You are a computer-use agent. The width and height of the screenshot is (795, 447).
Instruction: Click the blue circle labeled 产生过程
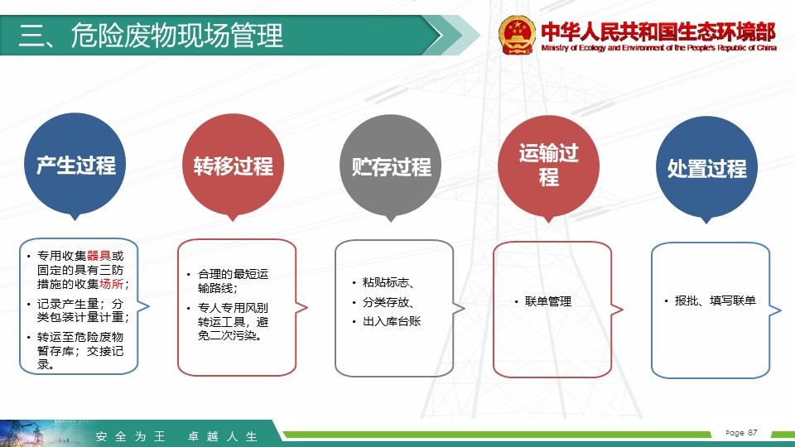point(75,164)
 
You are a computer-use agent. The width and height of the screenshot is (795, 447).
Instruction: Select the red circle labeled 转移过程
point(234,166)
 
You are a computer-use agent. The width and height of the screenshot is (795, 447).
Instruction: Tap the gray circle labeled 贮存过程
point(391,166)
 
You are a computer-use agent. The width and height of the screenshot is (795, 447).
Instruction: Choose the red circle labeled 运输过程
point(548,167)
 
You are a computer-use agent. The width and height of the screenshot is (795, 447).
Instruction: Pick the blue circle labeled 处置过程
point(706,168)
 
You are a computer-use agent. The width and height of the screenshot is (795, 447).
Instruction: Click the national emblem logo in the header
point(517,35)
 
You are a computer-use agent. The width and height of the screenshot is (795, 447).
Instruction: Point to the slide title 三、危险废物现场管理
point(151,36)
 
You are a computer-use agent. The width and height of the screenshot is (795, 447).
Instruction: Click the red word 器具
point(99,256)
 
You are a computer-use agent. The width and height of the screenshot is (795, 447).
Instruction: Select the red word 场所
point(111,284)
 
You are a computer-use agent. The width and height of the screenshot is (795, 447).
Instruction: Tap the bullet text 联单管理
point(548,301)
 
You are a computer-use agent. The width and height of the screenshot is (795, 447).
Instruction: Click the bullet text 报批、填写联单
point(715,300)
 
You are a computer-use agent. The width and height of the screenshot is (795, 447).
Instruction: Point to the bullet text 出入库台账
point(392,321)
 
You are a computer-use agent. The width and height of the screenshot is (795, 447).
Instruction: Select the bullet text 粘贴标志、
point(389,283)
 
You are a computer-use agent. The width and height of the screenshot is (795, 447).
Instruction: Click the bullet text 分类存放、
point(389,303)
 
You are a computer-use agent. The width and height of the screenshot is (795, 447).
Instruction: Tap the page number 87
point(753,432)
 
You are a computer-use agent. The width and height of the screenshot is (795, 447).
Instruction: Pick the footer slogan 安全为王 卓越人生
point(176,436)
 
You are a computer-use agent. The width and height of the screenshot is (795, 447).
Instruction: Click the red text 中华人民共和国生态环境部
point(658,31)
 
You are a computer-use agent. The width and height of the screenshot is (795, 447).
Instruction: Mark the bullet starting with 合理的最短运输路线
point(233,281)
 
